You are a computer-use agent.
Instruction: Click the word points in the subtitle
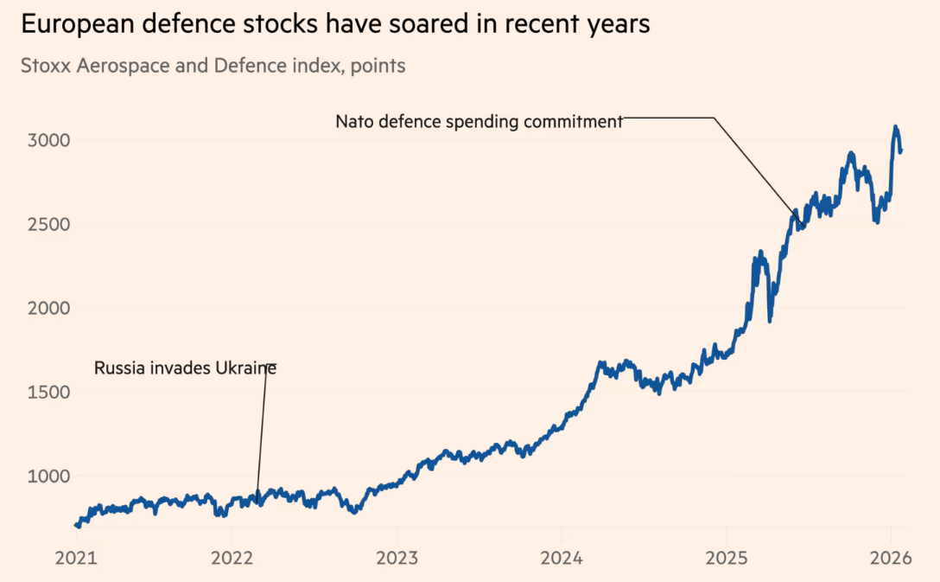[x=378, y=66]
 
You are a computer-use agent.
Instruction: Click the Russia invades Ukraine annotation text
[x=185, y=368]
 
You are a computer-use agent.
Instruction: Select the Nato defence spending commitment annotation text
[x=479, y=122]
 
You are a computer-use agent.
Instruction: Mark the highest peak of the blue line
[x=895, y=127]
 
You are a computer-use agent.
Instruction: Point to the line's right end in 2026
[x=901, y=151]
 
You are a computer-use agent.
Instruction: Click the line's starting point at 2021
[x=77, y=525]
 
